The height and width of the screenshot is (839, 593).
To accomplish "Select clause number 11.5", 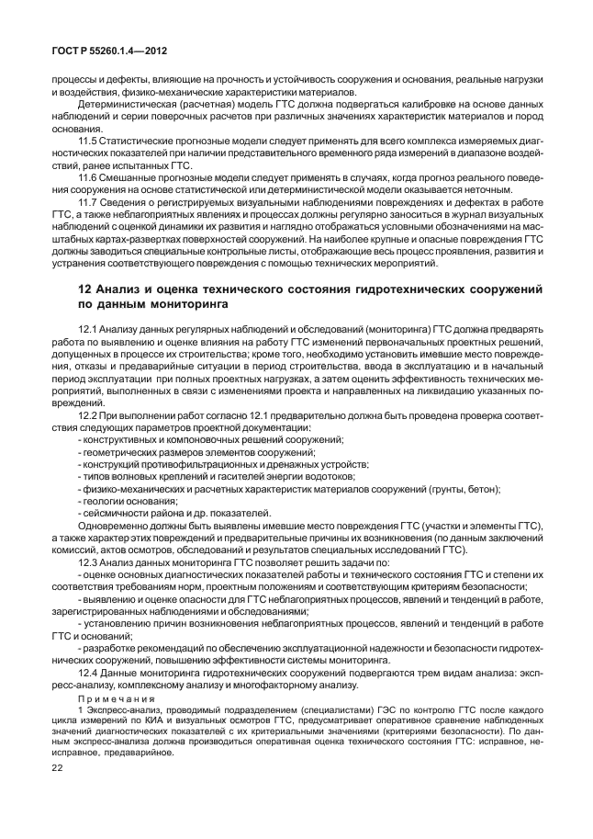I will (x=88, y=141).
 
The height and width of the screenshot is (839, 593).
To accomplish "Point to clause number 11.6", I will (x=88, y=176).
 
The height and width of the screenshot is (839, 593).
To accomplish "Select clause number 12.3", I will (x=88, y=561).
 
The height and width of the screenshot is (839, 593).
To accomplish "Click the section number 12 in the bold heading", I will (x=85, y=291).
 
